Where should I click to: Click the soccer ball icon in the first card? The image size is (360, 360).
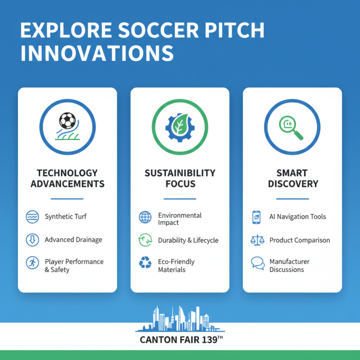67,121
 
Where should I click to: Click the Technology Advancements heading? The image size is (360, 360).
67,178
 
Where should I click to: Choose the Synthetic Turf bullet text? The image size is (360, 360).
66,216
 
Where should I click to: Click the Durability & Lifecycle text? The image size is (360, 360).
188,240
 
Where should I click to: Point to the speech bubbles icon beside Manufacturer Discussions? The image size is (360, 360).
257,263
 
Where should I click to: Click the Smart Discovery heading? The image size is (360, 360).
292,178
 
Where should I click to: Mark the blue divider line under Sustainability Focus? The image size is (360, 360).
180,198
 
